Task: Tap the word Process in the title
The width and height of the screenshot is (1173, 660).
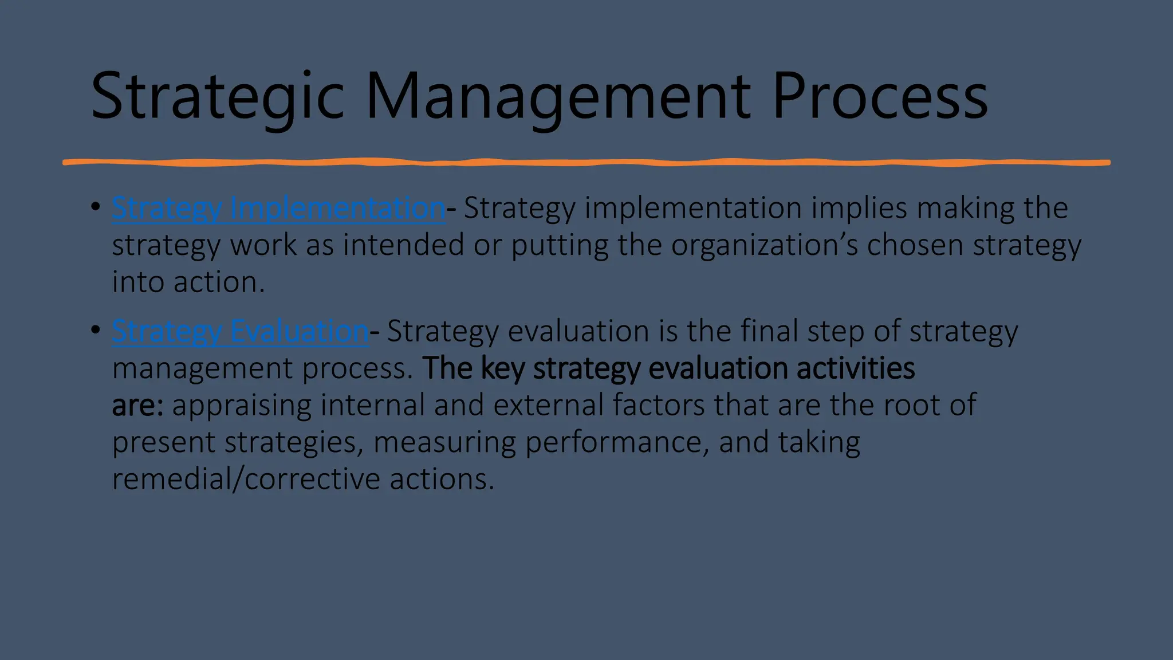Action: click(880, 96)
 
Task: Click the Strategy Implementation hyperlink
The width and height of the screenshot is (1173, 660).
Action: click(278, 207)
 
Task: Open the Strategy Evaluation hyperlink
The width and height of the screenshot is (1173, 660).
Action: click(240, 331)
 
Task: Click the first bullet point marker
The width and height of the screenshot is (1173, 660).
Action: click(96, 206)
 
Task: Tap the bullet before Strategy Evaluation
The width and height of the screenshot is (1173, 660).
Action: click(96, 330)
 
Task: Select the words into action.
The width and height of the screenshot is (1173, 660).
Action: click(188, 282)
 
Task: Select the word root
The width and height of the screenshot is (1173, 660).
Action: click(911, 405)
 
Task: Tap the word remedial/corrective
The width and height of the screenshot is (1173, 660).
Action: click(246, 479)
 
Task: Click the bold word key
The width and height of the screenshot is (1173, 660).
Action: click(502, 369)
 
